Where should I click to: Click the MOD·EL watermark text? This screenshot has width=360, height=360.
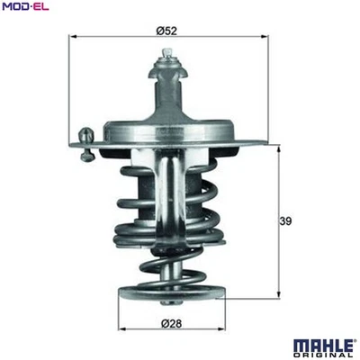coord(25,8)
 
